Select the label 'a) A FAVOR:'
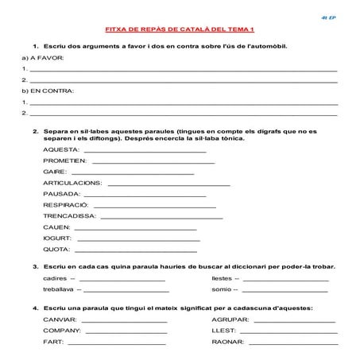(38, 59)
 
